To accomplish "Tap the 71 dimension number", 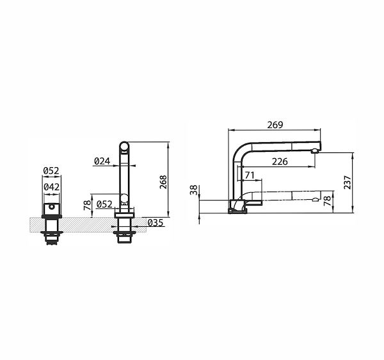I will (x=249, y=175).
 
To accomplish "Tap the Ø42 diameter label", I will (x=51, y=187).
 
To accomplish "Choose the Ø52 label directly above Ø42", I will (x=51, y=170).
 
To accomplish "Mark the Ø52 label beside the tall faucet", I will (x=106, y=204).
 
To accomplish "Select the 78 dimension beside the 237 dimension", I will (x=327, y=200).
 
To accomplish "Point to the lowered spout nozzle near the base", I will (x=312, y=200).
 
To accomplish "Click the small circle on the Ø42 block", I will (x=50, y=208).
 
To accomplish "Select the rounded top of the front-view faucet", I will (x=124, y=147).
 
